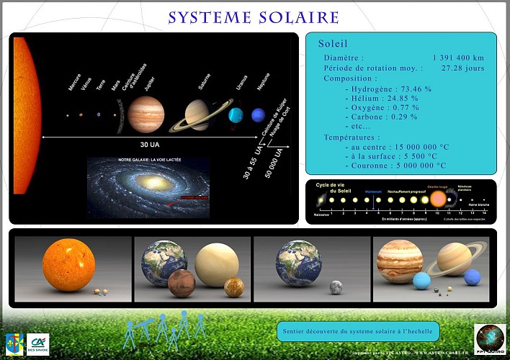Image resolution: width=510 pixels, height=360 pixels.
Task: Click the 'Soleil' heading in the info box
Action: tap(333, 44)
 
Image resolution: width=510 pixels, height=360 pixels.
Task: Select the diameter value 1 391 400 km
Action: tap(458, 58)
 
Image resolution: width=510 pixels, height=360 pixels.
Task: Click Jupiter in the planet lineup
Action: tap(146, 114)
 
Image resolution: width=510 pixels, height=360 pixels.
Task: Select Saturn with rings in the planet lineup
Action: tap(197, 114)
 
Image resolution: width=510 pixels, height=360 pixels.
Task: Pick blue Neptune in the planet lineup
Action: tap(258, 114)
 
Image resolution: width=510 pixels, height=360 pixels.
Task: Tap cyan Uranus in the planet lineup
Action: tap(236, 114)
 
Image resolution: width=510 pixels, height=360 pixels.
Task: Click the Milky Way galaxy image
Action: tap(148, 188)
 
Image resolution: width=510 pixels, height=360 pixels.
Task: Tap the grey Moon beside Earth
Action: tap(335, 287)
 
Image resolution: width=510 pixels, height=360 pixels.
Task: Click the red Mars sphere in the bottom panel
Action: tap(182, 283)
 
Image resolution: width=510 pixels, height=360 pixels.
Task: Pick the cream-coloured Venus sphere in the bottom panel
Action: tap(216, 263)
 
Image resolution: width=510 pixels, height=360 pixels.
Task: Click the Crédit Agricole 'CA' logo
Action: tap(37, 344)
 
